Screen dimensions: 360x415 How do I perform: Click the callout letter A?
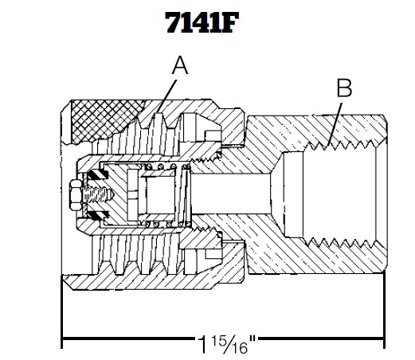180,67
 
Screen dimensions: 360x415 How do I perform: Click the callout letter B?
344,88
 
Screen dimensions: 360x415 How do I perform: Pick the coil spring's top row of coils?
164,167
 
